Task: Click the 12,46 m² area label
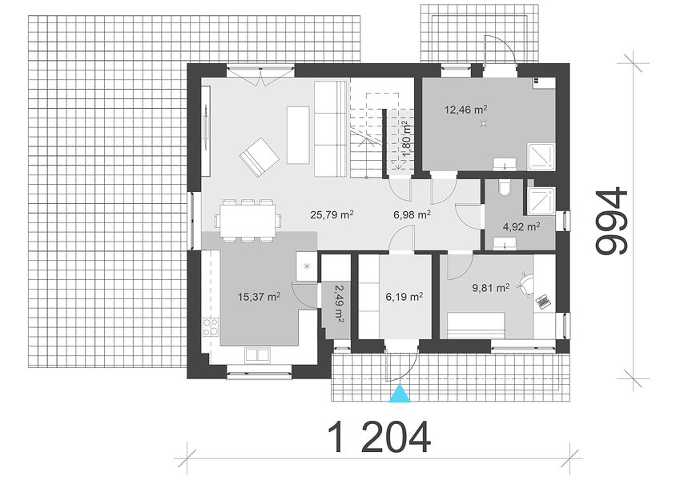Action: [x=464, y=109]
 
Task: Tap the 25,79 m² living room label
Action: [x=332, y=214]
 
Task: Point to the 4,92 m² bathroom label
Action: [x=521, y=226]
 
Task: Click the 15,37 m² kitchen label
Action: [x=260, y=297]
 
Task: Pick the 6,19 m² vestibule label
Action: [x=404, y=297]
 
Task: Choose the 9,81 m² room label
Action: [x=490, y=287]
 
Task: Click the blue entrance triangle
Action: [x=400, y=394]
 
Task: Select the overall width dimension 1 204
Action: [x=379, y=437]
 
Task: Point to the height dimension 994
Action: [x=612, y=221]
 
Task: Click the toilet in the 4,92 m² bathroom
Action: [x=505, y=187]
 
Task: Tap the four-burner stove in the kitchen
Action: [x=211, y=327]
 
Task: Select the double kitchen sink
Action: [x=257, y=355]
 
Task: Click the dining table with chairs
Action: [x=247, y=221]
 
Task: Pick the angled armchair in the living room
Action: [x=260, y=158]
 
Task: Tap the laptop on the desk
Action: [x=543, y=302]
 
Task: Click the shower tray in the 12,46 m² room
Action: [x=541, y=157]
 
